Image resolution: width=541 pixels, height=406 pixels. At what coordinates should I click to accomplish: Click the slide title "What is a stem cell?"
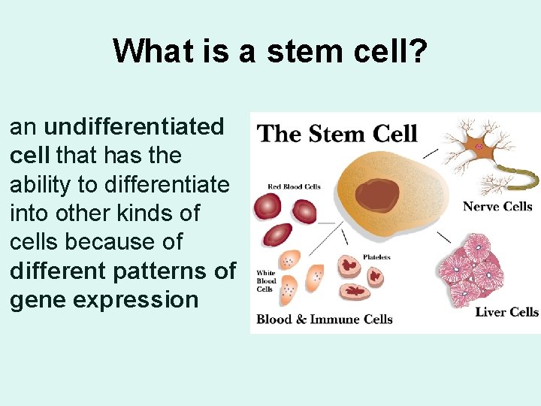tap(270, 51)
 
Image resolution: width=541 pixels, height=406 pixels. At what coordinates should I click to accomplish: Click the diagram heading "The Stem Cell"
tap(337, 134)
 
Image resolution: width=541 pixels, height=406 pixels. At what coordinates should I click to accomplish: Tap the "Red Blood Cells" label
tap(294, 186)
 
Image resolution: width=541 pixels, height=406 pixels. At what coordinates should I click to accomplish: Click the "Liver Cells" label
tap(506, 312)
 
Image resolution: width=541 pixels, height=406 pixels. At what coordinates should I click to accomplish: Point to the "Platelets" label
tap(376, 257)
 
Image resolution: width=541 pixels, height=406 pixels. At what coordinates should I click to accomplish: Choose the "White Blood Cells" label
tap(266, 281)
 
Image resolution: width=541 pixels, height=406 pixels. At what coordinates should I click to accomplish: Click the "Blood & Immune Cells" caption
tap(324, 320)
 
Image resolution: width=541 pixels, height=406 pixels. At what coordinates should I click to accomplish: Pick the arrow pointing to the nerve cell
tap(431, 153)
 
